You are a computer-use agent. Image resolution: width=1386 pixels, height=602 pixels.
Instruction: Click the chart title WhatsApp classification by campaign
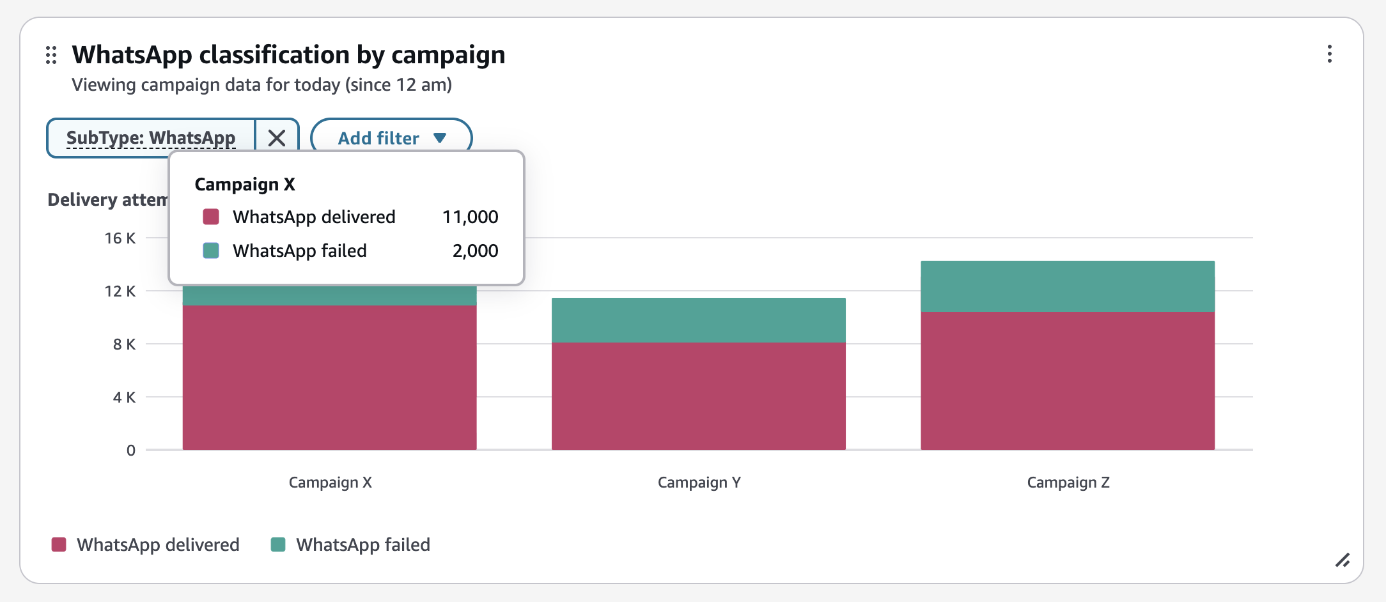(288, 55)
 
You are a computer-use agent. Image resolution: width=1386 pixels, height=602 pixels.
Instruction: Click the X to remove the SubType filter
(277, 138)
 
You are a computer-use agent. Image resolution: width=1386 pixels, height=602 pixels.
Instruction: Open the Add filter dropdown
(391, 138)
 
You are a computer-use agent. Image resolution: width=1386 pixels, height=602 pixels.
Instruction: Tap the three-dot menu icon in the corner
(1329, 54)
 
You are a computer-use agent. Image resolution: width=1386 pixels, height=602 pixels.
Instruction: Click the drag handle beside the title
(52, 56)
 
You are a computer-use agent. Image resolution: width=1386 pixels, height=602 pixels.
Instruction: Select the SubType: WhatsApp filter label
(151, 138)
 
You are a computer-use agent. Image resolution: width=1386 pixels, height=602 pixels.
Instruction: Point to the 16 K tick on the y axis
(120, 238)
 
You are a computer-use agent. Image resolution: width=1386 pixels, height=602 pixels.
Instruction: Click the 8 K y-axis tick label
(124, 344)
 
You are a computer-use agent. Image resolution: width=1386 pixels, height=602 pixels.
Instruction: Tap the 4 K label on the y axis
(124, 397)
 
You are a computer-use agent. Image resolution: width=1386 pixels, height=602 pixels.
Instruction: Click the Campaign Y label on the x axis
(699, 482)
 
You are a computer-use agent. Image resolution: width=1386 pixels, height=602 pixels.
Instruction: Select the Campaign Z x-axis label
(1068, 482)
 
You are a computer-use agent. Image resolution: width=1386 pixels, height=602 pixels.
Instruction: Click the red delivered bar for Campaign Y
(698, 396)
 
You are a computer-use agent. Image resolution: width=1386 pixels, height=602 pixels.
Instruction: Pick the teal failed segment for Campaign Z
(1068, 286)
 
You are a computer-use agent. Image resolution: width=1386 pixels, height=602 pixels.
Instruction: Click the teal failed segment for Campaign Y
(698, 320)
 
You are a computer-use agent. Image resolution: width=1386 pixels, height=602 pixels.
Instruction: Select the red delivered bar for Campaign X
(329, 377)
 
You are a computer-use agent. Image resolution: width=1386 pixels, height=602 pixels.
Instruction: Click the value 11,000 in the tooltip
(470, 217)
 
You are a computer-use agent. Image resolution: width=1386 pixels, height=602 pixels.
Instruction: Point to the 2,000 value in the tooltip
(475, 251)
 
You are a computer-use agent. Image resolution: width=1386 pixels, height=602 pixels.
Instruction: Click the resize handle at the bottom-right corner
(1342, 560)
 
